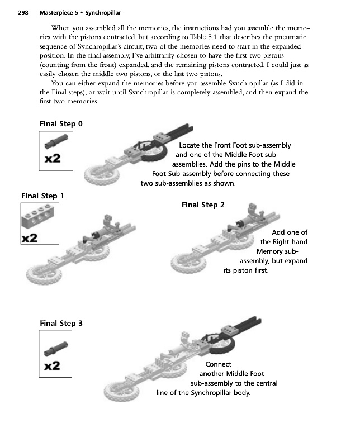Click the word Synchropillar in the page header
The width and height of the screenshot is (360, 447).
point(103,12)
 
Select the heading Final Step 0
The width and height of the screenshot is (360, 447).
point(61,123)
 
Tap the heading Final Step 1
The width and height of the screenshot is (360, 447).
point(42,196)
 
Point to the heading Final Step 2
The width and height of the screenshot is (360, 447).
point(203,205)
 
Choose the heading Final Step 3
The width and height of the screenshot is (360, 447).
point(61,322)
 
